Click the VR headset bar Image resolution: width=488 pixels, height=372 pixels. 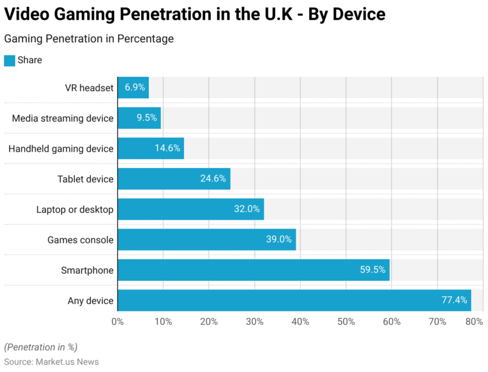click(133, 88)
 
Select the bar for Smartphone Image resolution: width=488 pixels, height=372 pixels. click(253, 270)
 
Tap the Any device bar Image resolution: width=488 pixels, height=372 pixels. click(294, 300)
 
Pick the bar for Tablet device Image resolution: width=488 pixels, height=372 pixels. click(174, 179)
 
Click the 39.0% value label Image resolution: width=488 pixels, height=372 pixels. click(279, 239)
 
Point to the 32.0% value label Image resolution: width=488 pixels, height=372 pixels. click(247, 209)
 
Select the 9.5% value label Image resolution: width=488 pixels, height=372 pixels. click(146, 119)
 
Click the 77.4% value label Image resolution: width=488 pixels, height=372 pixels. click(454, 300)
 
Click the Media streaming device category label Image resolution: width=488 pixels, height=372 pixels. click(63, 119)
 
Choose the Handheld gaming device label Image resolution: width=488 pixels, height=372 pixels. click(61, 149)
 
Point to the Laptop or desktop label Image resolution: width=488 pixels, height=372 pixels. click(75, 209)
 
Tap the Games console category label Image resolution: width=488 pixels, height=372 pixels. click(81, 239)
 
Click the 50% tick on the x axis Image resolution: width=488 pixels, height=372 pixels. click(346, 322)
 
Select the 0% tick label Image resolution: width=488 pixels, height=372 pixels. click(118, 322)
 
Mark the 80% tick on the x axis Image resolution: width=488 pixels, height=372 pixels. click(474, 322)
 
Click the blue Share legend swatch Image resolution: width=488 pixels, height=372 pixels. click(9, 60)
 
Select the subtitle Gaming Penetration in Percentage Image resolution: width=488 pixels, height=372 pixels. click(89, 39)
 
